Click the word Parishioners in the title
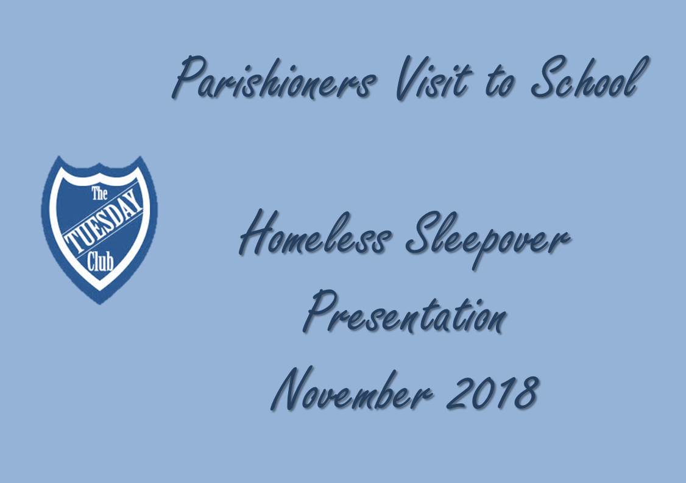coord(274,78)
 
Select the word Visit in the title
coord(434,78)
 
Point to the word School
coord(590,77)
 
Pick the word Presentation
coord(405,311)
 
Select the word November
coord(352,389)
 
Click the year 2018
coord(493,389)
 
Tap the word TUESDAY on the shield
coord(104,222)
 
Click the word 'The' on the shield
coord(99,193)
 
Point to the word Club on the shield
coord(100,262)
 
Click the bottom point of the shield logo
coord(100,303)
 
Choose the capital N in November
coord(291,389)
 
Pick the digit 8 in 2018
coord(526,389)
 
